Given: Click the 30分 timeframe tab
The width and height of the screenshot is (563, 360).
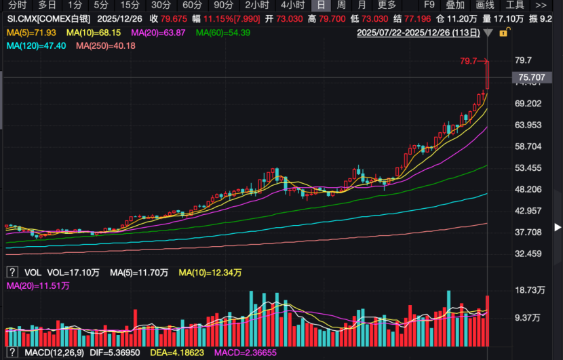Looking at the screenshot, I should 161,5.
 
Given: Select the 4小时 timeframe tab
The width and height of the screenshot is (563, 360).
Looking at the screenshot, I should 292,5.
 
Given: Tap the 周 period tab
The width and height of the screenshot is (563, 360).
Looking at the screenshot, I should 342,5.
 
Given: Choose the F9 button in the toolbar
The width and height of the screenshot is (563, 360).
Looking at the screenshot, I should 429,5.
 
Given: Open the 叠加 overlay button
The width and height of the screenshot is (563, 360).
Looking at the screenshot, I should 455,5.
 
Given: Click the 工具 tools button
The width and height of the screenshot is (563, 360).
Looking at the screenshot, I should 516,5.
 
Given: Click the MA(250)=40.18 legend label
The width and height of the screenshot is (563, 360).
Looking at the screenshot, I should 105,45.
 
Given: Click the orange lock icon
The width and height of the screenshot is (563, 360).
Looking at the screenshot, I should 503,33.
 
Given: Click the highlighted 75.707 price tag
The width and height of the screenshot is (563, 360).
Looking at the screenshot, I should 531,78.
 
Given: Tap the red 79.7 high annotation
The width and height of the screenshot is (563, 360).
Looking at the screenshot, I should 469,61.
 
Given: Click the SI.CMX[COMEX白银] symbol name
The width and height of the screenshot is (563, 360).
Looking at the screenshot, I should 47,18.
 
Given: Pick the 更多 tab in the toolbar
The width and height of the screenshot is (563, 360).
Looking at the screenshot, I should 387,5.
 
